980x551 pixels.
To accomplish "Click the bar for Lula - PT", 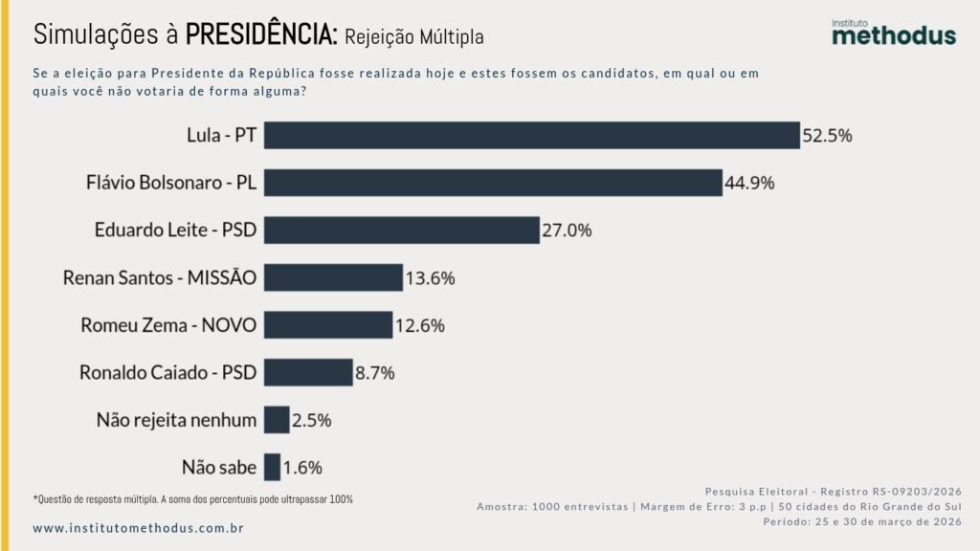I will click(531, 135).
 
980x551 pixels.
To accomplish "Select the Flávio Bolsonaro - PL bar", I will click(493, 183).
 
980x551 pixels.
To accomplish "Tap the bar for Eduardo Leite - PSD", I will click(402, 230).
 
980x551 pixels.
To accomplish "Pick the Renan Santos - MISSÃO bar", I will click(333, 277).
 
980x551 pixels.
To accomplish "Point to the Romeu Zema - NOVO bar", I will click(328, 324).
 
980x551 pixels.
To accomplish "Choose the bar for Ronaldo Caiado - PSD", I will click(308, 372).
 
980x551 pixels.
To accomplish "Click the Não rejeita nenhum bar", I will click(277, 420).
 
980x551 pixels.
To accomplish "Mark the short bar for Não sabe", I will click(273, 467).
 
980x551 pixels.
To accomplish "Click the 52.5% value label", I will click(827, 136).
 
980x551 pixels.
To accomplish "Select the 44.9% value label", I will click(749, 183).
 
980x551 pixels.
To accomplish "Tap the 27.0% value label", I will click(568, 231).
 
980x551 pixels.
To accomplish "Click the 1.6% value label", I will click(302, 468).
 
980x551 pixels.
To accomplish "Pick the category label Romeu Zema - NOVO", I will click(168, 325).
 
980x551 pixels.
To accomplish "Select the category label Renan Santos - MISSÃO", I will click(160, 277).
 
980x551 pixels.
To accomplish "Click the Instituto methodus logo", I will click(893, 32).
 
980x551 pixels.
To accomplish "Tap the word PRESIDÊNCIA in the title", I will click(260, 34).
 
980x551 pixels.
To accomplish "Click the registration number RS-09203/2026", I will click(903, 490).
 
